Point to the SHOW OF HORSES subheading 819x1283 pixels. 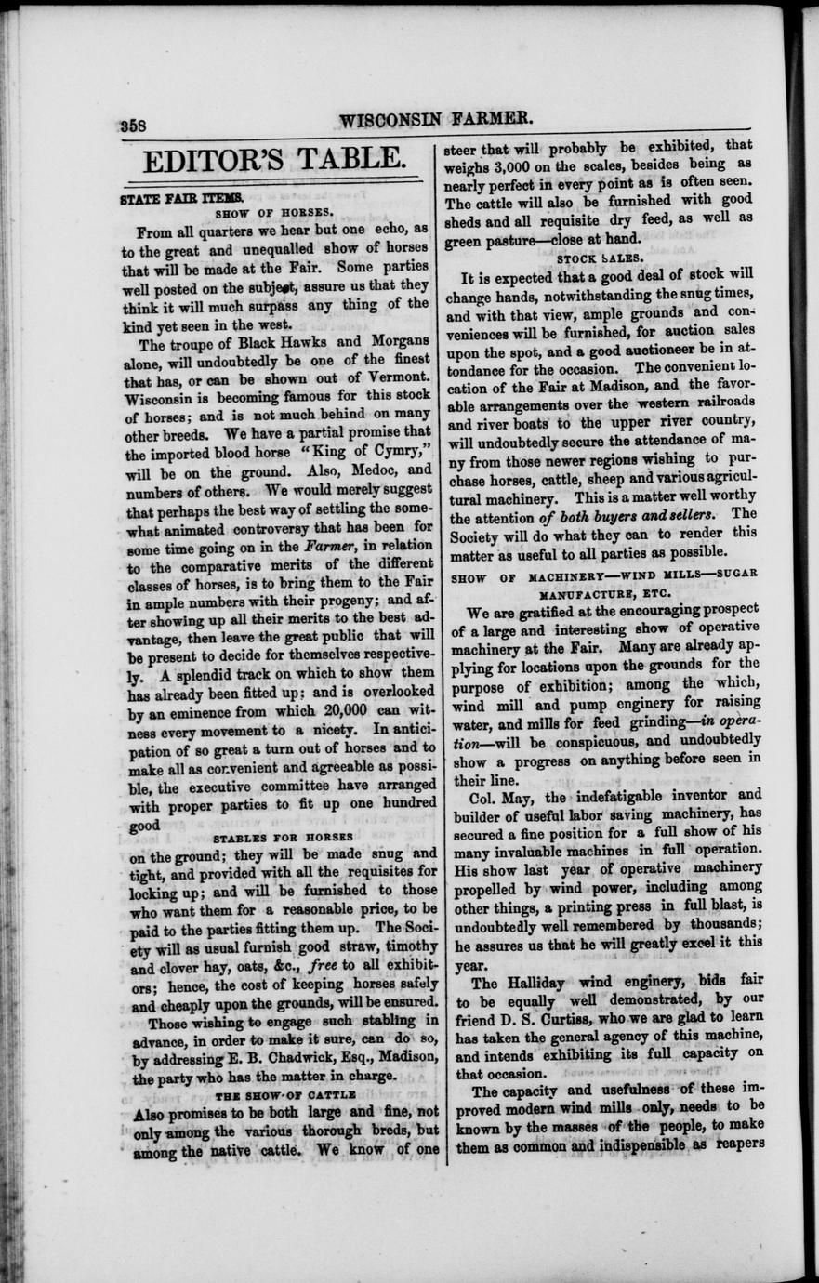273,213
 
